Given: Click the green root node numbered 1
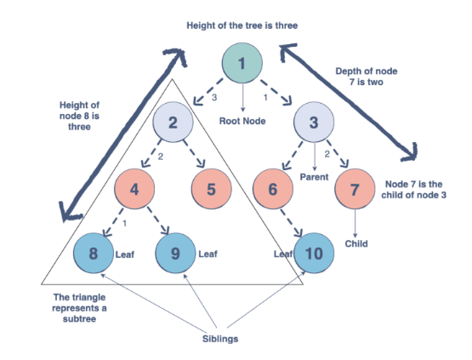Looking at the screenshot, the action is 242,63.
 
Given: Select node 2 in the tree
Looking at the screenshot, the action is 173,122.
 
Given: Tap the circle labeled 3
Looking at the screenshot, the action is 314,122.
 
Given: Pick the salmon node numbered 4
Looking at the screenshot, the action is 134,189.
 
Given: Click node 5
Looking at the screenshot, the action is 211,189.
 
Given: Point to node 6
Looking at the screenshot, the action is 273,189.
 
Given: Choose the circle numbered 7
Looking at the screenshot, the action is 355,189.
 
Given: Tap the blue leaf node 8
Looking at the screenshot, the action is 94,253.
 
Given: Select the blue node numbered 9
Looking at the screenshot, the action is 175,253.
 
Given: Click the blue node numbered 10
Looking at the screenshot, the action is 314,253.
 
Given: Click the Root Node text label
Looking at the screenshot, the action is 242,121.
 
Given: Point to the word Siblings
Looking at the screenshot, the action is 220,339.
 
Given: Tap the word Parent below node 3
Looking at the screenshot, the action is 314,177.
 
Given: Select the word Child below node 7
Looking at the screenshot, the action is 356,243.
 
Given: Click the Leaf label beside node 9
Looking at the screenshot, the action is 208,254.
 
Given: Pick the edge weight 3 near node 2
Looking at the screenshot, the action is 214,98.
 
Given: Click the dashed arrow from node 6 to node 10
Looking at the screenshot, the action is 291,223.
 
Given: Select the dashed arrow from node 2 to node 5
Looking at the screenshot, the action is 194,154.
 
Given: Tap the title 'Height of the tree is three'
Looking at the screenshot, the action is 242,26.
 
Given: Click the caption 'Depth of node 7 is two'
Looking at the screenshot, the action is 367,77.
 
